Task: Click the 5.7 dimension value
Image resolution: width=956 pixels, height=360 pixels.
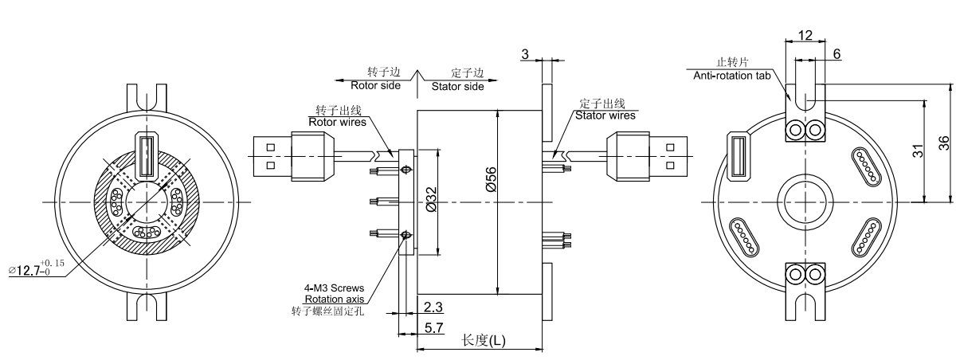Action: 434,327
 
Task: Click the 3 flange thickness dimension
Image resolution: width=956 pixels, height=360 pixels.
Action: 525,53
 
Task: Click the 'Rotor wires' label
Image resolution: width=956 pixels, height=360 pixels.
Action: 338,122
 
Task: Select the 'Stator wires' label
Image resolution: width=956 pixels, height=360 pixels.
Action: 605,115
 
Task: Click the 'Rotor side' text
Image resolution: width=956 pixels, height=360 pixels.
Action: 375,85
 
